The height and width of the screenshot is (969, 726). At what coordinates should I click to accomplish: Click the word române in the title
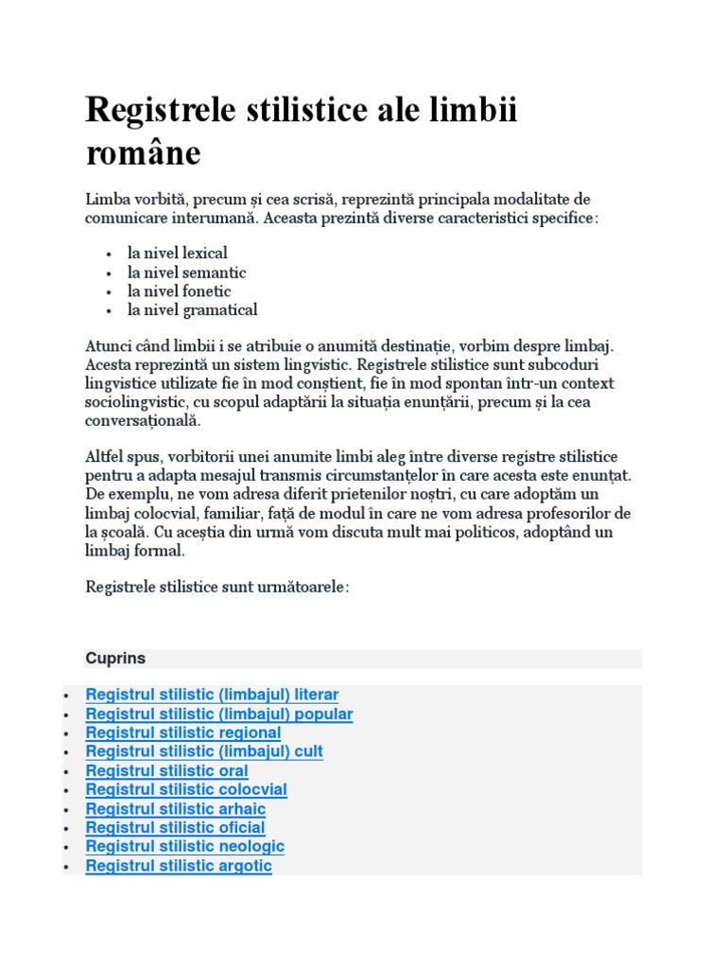pyautogui.click(x=143, y=152)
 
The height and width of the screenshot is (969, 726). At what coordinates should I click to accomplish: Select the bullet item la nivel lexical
pyautogui.click(x=178, y=254)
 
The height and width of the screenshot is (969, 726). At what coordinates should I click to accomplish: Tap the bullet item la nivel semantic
pyautogui.click(x=187, y=273)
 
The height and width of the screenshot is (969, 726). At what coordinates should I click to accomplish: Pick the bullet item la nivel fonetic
pyautogui.click(x=180, y=291)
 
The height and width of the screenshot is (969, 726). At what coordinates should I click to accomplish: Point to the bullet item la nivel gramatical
pyautogui.click(x=193, y=310)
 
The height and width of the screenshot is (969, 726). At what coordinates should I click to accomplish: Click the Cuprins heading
pyautogui.click(x=115, y=658)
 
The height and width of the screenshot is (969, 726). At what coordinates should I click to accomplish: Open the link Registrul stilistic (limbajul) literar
pyautogui.click(x=212, y=695)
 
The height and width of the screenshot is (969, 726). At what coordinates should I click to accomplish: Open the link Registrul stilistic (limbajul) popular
pyautogui.click(x=219, y=714)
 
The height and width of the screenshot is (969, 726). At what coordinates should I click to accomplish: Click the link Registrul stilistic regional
pyautogui.click(x=183, y=732)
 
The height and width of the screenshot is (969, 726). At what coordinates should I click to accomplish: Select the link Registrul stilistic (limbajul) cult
pyautogui.click(x=204, y=751)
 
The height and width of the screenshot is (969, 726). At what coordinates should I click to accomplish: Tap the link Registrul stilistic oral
pyautogui.click(x=167, y=771)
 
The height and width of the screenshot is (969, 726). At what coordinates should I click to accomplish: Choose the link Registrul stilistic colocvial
pyautogui.click(x=186, y=790)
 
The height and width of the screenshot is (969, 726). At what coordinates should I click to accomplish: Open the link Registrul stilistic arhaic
pyautogui.click(x=176, y=809)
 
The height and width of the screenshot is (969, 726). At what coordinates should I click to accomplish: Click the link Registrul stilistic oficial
pyautogui.click(x=175, y=828)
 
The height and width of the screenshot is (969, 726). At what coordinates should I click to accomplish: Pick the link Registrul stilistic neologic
pyautogui.click(x=185, y=847)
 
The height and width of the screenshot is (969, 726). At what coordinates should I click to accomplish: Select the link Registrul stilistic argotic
pyautogui.click(x=179, y=866)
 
